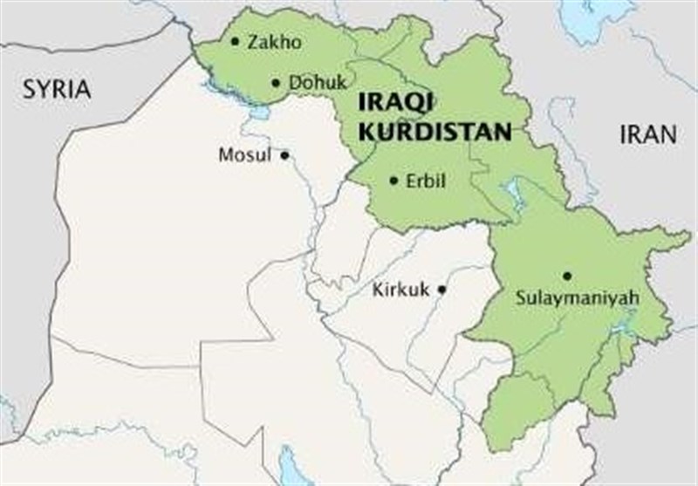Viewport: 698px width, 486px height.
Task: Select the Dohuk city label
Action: point(311,83)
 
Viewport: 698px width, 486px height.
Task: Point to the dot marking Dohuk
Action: point(276,83)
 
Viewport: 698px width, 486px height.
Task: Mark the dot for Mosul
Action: point(284,155)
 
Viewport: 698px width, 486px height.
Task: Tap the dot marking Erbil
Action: point(393,181)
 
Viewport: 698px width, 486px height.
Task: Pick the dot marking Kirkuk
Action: point(442,289)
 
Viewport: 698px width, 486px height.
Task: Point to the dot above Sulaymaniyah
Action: point(567,276)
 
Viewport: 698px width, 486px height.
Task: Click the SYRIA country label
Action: point(58,89)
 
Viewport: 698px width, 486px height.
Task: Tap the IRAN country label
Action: point(647,134)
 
